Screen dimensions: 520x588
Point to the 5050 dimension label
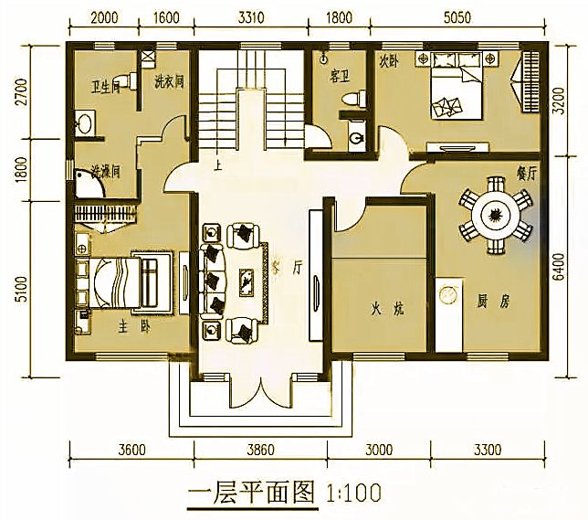pos(466,16)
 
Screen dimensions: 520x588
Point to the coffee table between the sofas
pos(244,279)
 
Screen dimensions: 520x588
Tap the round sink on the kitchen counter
pos(448,295)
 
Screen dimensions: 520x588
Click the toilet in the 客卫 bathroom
pos(347,97)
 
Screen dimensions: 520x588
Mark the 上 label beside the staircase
pos(217,167)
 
